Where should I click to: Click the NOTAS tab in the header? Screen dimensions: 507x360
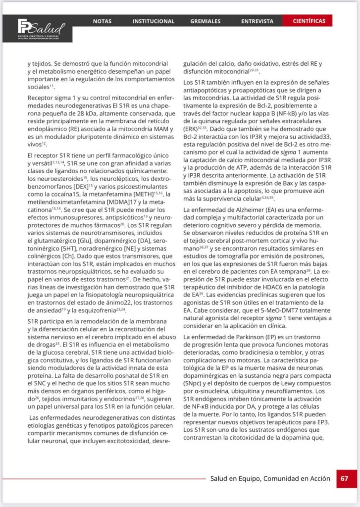102,21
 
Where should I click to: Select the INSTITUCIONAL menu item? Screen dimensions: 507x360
153,21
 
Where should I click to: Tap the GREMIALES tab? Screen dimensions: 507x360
206,21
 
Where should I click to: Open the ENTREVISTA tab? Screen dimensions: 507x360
257,21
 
